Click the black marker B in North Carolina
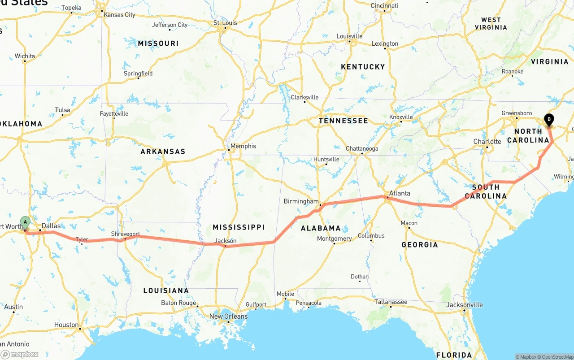pos(548,119)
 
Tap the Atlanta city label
pos(400,194)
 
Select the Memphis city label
pos(243,146)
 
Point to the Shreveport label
pos(126,234)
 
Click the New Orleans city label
pos(228,317)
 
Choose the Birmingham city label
pos(301,201)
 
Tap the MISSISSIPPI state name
pos(239,227)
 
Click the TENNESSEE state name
pos(343,121)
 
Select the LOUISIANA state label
pos(166,291)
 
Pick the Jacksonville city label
pos(465,305)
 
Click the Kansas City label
pos(119,15)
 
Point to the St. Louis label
pos(225,23)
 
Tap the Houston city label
pos(66,325)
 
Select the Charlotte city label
pos(487,142)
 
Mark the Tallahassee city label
pos(391,302)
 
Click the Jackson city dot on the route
pos(225,246)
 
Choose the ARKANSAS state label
pos(163,152)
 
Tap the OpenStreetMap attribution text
pos(557,357)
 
